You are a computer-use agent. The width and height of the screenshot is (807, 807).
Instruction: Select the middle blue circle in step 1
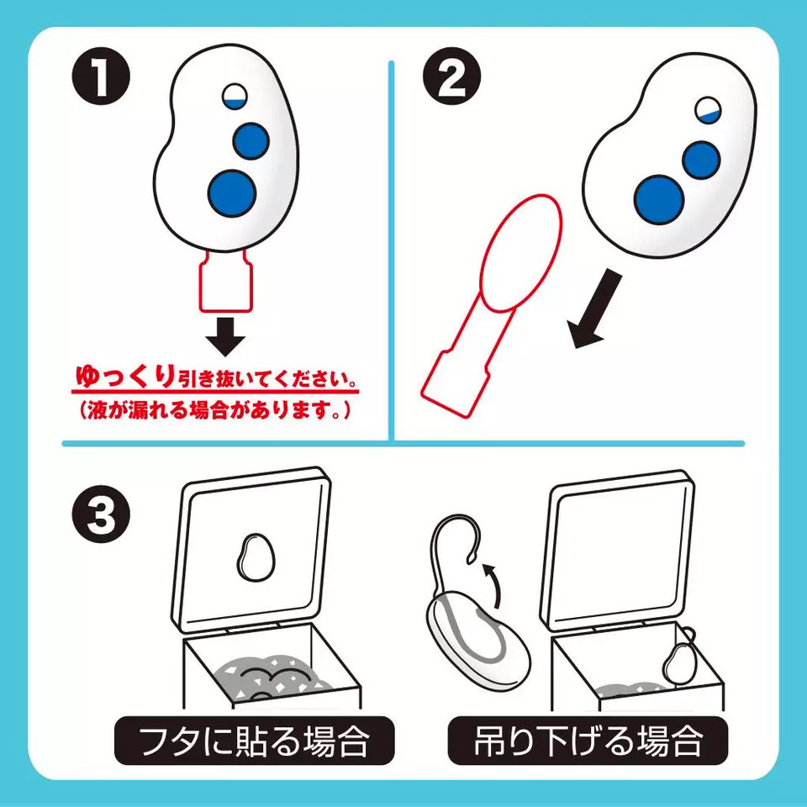(250, 140)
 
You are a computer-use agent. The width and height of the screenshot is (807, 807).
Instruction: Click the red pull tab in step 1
(224, 282)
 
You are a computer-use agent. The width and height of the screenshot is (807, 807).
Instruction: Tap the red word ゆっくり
(126, 376)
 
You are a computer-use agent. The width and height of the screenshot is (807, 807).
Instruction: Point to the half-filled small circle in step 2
(709, 111)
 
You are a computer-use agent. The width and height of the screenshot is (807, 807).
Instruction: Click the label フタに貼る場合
(254, 741)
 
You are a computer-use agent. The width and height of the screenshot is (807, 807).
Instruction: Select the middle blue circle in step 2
(701, 159)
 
